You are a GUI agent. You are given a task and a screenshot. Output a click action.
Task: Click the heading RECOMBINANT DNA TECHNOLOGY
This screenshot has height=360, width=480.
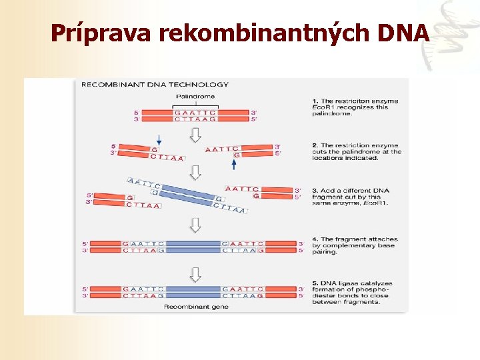[155, 85]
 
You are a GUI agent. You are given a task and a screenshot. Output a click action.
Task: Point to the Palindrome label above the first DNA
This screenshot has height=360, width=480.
[196, 97]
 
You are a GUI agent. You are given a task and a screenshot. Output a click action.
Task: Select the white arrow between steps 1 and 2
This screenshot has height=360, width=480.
[195, 135]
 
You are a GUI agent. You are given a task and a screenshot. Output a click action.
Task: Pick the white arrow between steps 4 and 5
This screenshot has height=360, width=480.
[195, 273]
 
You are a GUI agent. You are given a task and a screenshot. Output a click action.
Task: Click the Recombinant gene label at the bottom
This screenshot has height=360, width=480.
[196, 307]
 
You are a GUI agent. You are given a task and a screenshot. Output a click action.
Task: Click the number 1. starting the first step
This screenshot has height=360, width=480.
[315, 101]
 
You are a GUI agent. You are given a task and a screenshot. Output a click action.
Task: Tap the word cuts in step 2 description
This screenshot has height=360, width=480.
[320, 151]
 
